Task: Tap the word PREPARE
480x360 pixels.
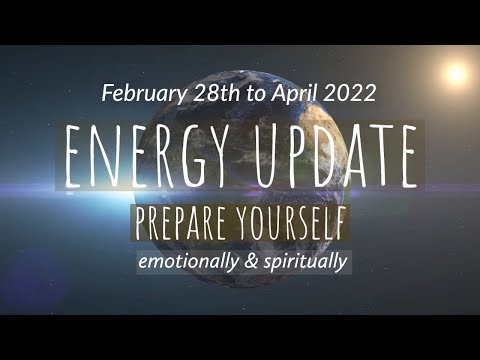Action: pos(183,225)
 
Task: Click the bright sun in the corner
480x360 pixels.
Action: pos(455,72)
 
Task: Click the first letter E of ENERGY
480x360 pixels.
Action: pos(76,152)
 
